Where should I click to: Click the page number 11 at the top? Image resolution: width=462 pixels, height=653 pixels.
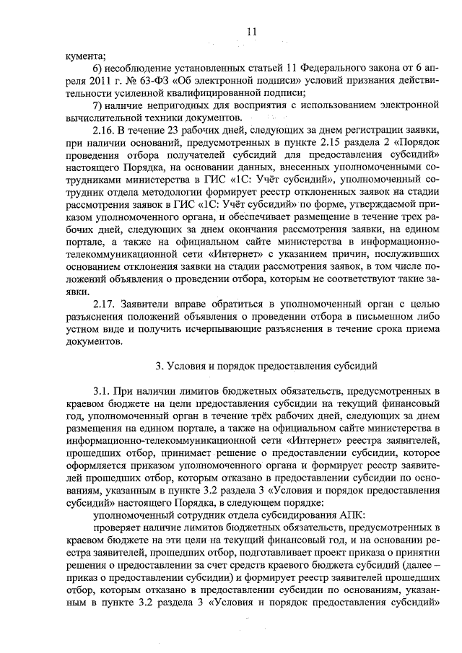(x=252, y=31)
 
